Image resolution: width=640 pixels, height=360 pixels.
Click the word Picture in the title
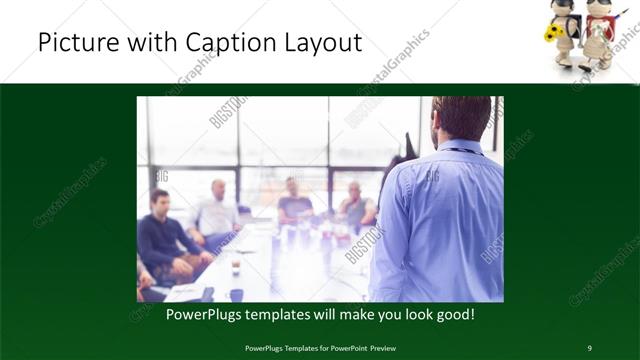79,43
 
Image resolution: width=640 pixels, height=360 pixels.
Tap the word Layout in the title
322,43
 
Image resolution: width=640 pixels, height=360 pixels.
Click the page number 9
589,347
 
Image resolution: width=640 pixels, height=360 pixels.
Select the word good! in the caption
452,313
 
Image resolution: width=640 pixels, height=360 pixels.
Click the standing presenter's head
463,118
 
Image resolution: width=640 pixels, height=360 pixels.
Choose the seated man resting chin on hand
355,206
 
